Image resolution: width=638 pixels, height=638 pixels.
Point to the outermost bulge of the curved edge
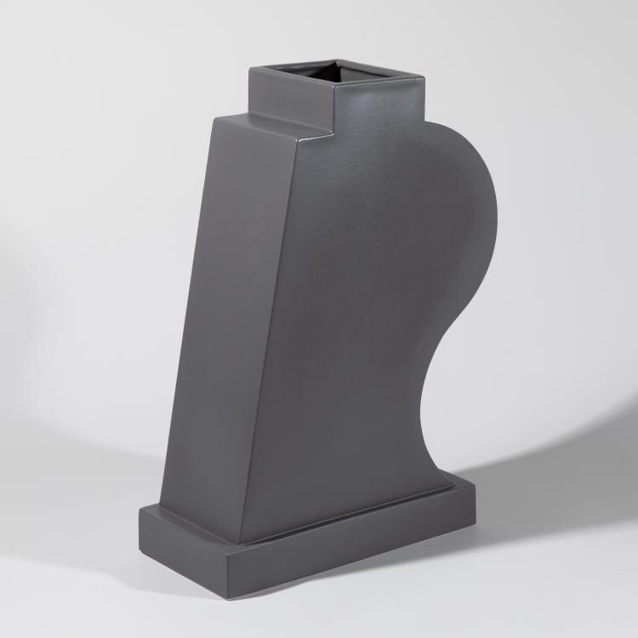point(497,204)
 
